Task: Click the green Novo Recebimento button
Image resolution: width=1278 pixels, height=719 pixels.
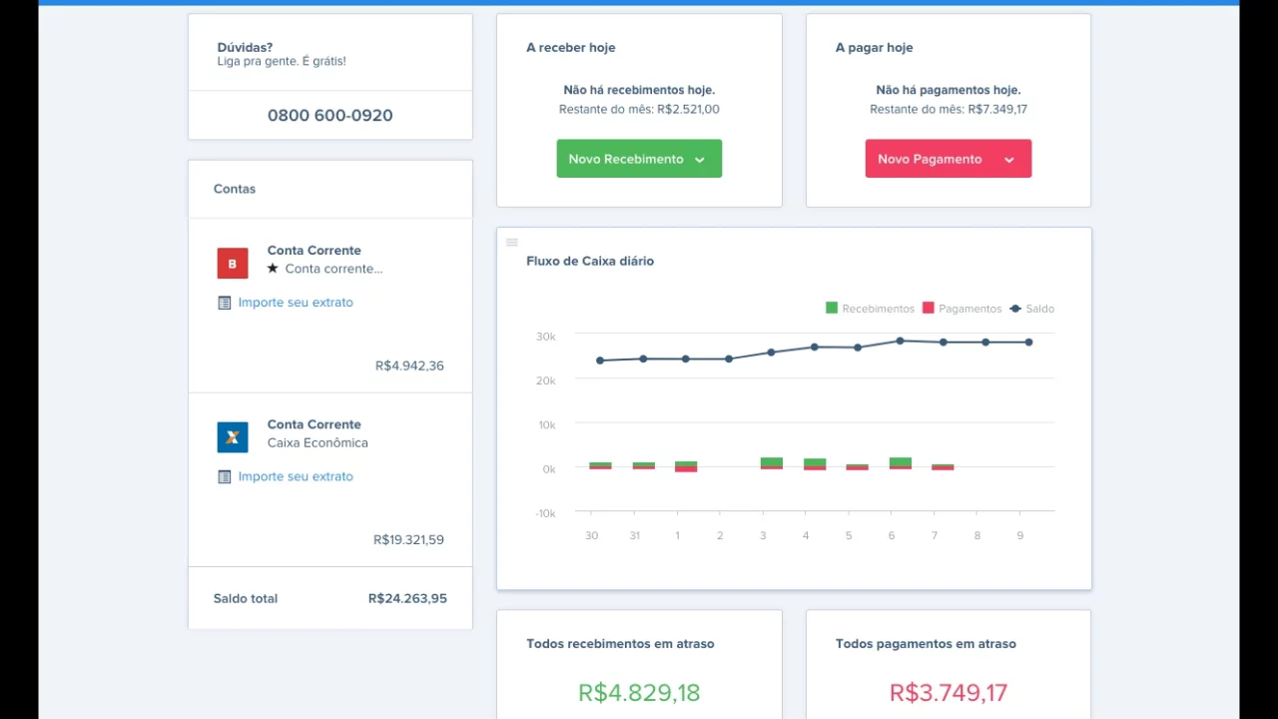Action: (x=639, y=159)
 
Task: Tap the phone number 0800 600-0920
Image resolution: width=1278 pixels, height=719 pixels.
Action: (x=329, y=115)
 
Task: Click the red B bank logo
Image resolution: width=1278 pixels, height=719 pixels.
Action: (x=233, y=263)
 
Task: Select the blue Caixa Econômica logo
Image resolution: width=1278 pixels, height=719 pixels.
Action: (x=233, y=437)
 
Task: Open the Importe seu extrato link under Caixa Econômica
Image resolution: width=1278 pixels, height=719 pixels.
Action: (x=296, y=476)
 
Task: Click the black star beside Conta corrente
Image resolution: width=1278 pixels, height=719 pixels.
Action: (x=273, y=268)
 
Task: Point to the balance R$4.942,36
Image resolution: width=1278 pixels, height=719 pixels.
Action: (x=409, y=365)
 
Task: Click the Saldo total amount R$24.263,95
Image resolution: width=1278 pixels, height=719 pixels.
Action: (x=407, y=598)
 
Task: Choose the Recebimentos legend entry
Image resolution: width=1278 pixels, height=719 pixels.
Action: (x=870, y=309)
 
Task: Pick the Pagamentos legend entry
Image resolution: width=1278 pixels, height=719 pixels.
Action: (x=961, y=309)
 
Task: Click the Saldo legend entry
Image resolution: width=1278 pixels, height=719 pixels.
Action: (x=1031, y=309)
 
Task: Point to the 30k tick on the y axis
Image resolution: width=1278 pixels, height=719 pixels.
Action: (x=545, y=337)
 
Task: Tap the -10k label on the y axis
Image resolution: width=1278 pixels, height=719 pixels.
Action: (x=545, y=513)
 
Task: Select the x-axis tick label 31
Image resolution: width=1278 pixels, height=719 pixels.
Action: (x=634, y=536)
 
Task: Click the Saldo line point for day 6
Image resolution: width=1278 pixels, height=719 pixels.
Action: (x=900, y=342)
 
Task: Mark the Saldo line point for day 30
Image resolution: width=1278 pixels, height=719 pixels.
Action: (x=600, y=360)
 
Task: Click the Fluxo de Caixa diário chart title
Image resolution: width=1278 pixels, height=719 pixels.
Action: (x=590, y=262)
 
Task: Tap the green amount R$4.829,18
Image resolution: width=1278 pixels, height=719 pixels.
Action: (x=639, y=693)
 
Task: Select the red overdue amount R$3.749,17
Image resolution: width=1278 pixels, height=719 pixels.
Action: (x=949, y=693)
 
